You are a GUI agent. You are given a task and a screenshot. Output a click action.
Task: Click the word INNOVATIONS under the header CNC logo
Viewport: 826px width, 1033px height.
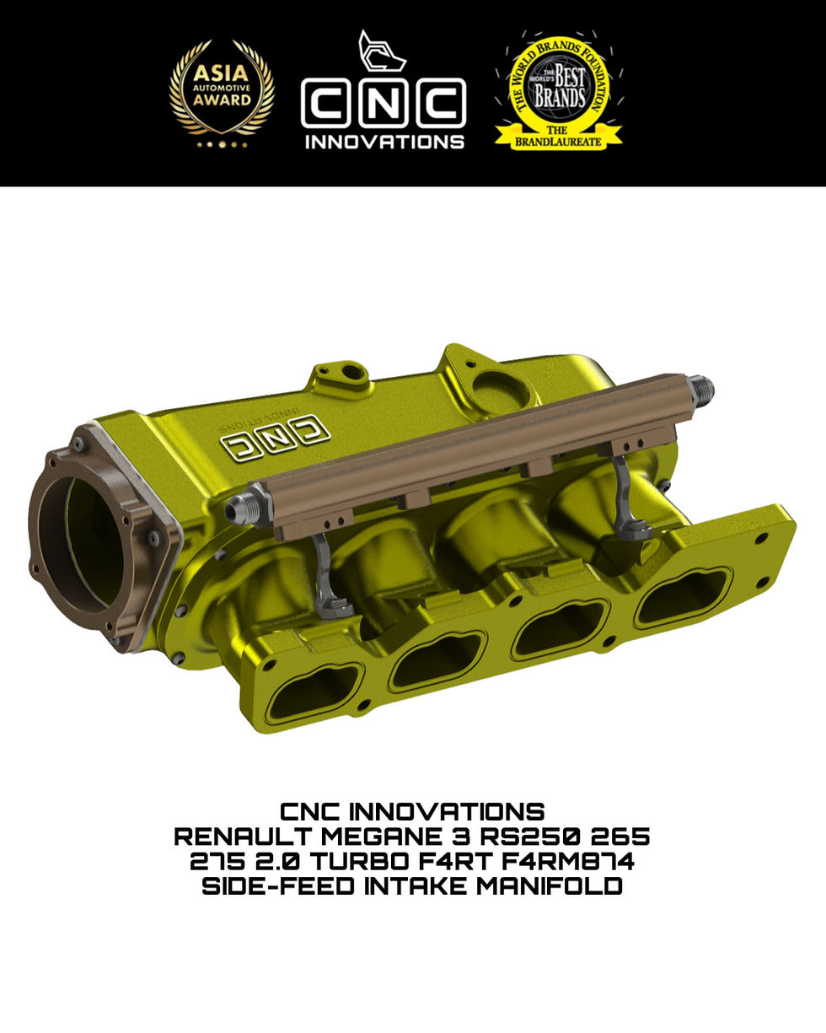[x=383, y=141]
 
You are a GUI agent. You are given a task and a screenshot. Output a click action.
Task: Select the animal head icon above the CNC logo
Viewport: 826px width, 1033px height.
[x=381, y=53]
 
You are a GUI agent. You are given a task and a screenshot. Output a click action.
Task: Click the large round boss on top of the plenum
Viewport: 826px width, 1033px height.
[x=500, y=390]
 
